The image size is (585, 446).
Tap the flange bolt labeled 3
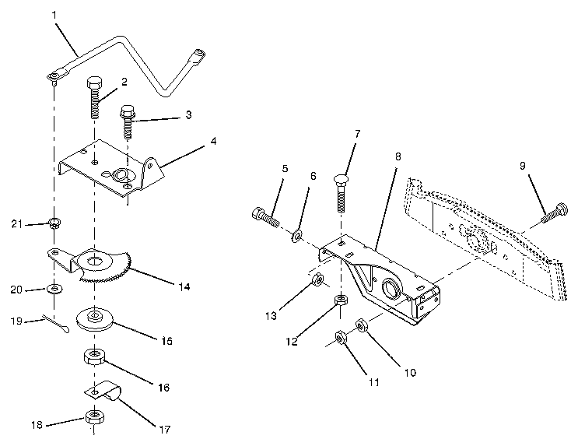point(128,121)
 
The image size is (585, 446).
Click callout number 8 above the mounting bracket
point(398,156)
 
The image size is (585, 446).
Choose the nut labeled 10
point(362,325)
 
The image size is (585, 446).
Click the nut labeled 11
point(341,337)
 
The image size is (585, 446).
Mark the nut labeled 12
point(340,300)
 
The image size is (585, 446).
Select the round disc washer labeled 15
point(96,318)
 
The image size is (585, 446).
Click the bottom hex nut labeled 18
point(94,416)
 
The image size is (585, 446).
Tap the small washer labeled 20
point(55,290)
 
